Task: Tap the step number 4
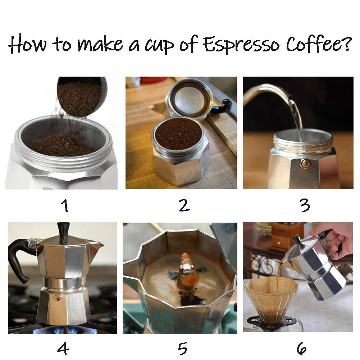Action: click(63, 348)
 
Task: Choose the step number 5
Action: click(183, 348)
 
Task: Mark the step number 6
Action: click(301, 348)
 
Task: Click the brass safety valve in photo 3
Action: click(306, 164)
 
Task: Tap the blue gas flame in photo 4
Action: click(65, 329)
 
